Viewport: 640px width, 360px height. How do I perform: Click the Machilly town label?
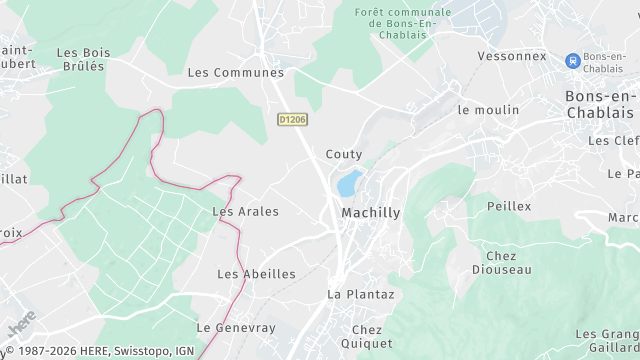370,213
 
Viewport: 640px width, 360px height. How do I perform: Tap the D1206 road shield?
292,119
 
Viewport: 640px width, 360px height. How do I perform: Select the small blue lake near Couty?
349,183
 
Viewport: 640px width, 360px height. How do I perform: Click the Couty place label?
344,154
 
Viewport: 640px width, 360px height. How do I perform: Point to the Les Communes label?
236,72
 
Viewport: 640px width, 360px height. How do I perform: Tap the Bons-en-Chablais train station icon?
573,60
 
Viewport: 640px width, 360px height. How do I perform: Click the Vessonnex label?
512,56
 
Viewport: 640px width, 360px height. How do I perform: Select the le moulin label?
488,109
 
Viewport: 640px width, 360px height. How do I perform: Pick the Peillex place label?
509,205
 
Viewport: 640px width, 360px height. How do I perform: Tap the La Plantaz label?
361,294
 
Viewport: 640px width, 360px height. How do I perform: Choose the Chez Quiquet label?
367,336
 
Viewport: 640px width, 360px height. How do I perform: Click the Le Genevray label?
235,327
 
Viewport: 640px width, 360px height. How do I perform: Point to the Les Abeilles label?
256,273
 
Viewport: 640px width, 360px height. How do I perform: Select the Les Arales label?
245,211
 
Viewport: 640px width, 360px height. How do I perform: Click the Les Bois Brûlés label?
83,60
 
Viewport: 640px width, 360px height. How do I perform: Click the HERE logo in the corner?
20,326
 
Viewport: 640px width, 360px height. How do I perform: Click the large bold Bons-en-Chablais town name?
601,104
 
